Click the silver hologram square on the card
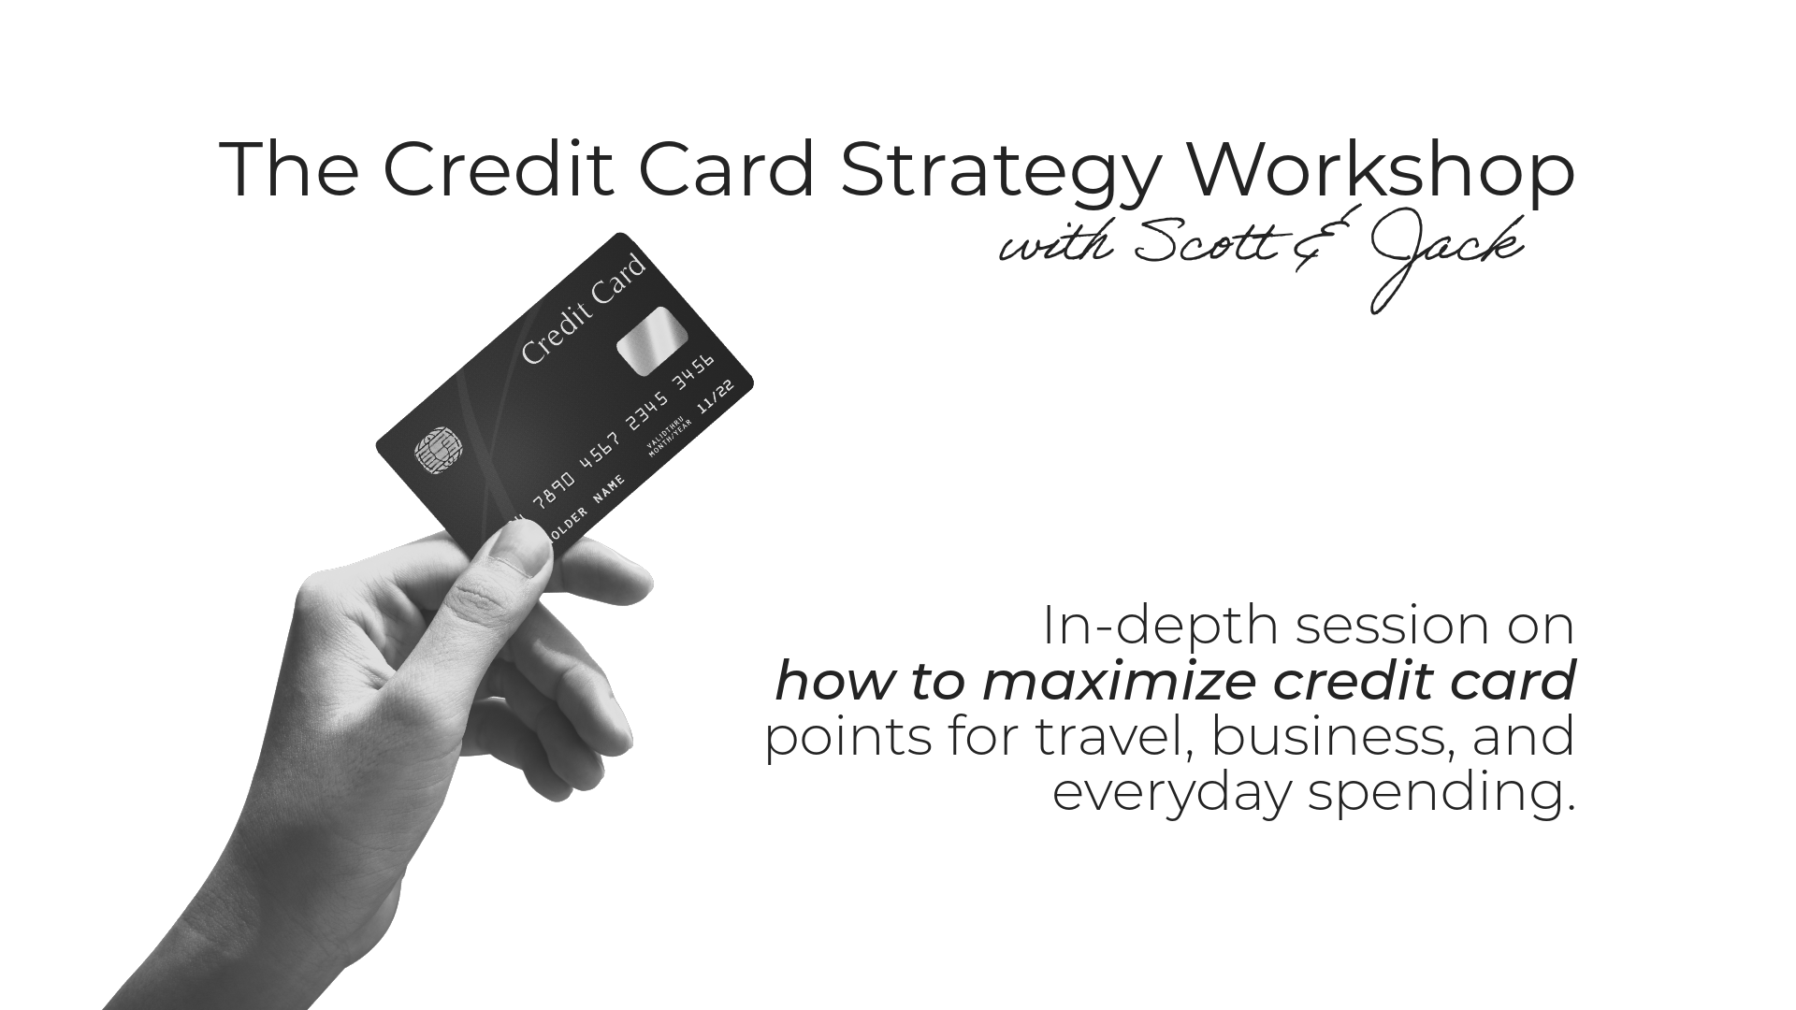652,340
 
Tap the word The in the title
288,170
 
